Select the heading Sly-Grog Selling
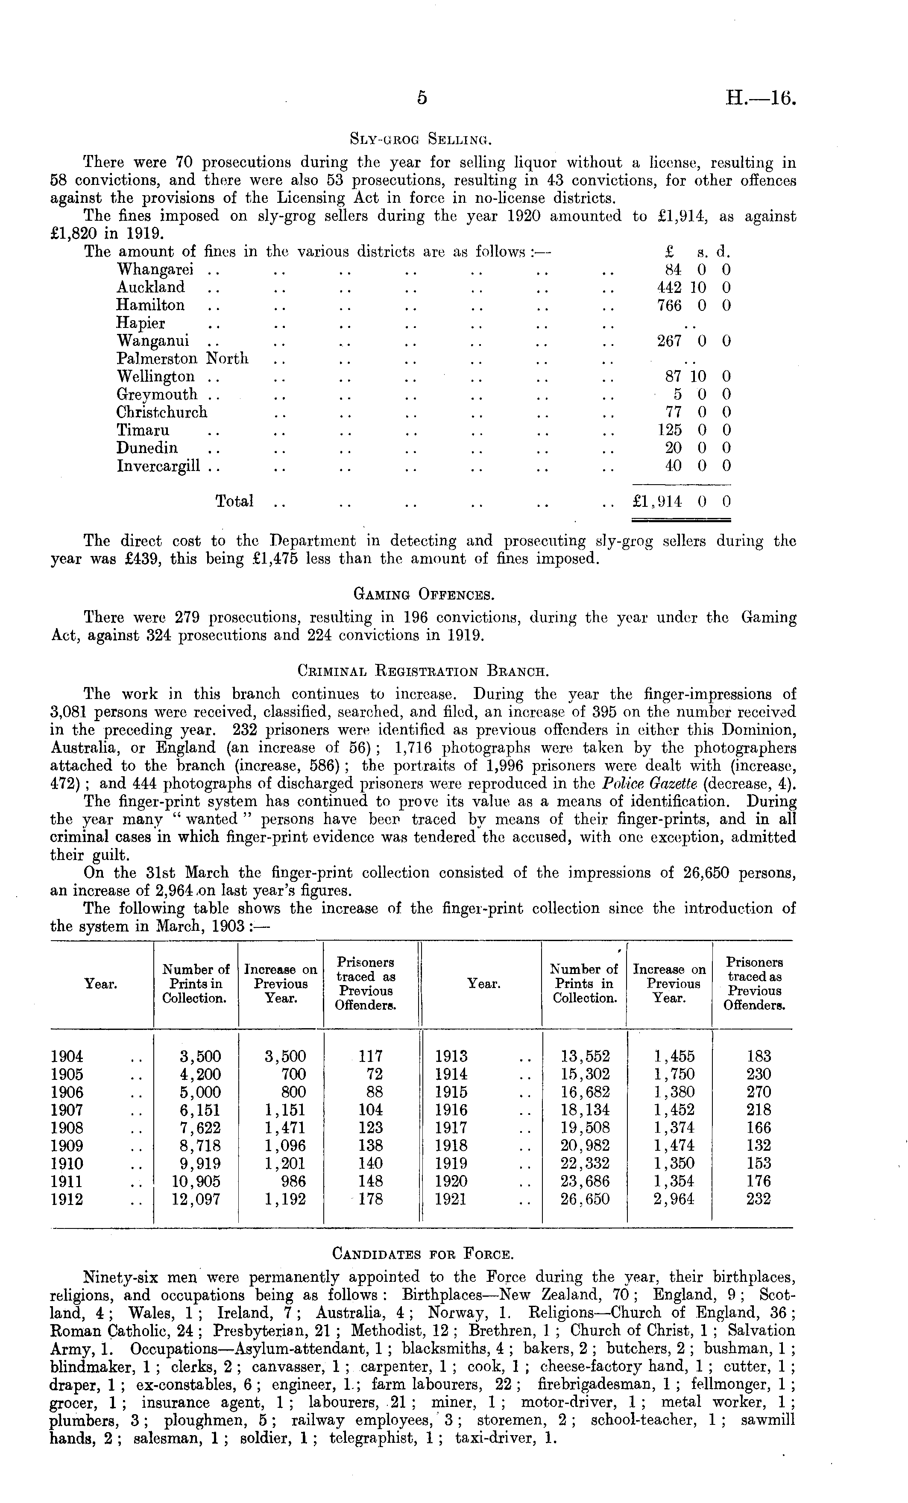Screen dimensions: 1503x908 point(421,139)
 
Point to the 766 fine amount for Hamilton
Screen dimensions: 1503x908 point(669,305)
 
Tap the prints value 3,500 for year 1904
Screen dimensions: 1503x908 point(196,1056)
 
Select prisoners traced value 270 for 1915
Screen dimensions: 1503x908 point(759,1092)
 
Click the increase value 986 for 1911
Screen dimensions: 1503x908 point(292,1181)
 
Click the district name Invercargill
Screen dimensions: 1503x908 point(158,466)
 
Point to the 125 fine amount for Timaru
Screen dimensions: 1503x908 point(670,430)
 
